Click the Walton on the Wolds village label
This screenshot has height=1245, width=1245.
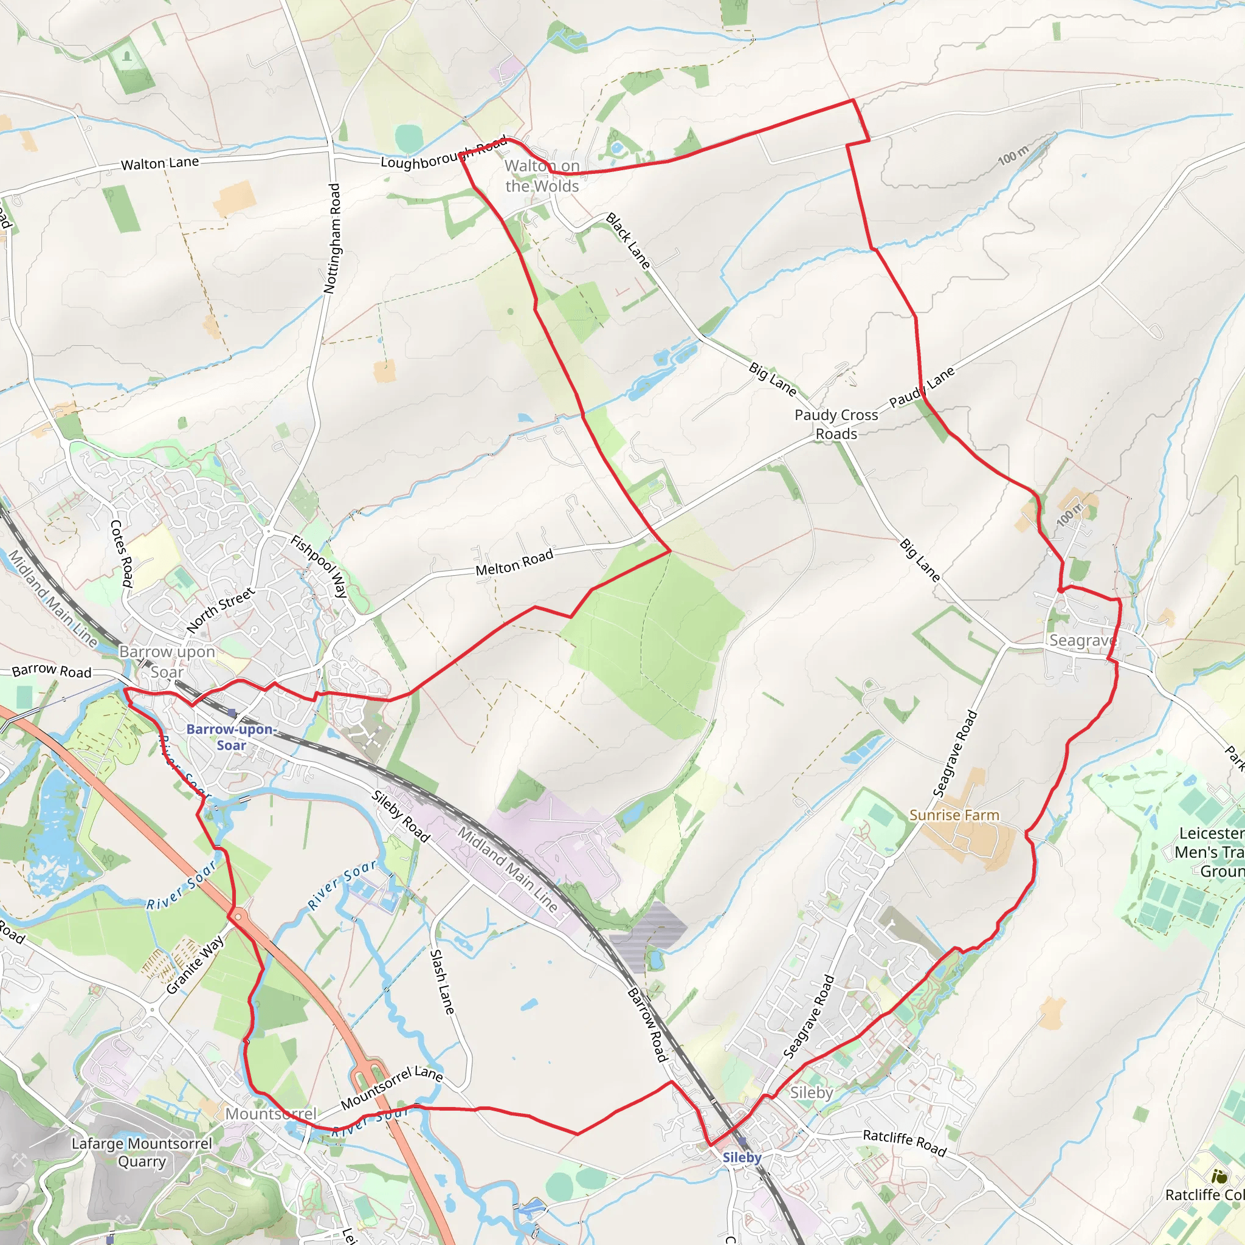542,176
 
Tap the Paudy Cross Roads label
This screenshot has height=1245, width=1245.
836,424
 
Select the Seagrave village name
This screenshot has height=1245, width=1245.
1083,640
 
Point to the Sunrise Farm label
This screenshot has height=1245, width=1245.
954,815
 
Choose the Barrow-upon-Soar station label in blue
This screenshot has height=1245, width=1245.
230,737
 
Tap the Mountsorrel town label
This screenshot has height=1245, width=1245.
271,1114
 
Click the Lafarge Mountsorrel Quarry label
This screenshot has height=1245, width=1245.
142,1152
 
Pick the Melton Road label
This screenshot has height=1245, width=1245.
514,562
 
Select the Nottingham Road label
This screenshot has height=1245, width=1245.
333,238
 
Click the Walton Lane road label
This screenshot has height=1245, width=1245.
160,164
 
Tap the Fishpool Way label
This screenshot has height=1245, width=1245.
320,566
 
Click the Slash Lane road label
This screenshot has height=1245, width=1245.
443,981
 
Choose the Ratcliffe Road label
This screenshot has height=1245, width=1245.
904,1142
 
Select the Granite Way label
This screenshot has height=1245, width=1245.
195,964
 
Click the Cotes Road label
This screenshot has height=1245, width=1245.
122,553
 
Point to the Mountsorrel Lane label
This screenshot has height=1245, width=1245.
392,1088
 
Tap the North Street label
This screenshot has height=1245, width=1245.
221,610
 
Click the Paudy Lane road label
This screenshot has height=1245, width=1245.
922,388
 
